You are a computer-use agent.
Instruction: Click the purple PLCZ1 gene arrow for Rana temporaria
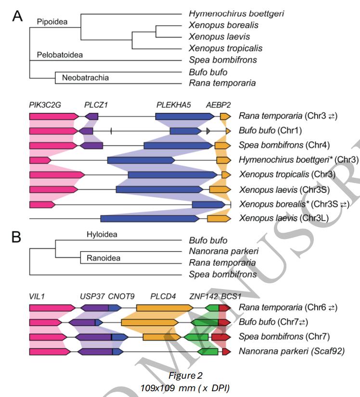pyautogui.click(x=91, y=116)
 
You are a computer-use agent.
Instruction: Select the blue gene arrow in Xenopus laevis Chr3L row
pyautogui.click(x=149, y=219)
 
